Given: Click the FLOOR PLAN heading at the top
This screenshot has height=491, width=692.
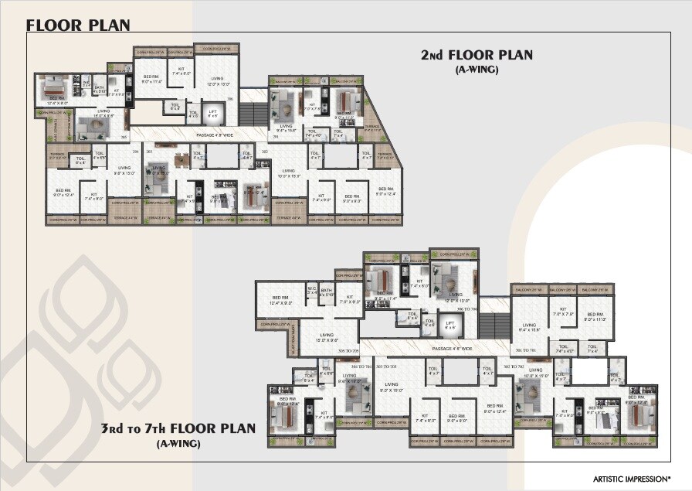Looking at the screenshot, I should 78,25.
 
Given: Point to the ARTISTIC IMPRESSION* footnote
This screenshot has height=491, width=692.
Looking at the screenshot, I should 632,479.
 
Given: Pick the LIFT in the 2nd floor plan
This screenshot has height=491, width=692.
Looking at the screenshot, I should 213,114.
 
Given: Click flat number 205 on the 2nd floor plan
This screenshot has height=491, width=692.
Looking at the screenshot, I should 230,99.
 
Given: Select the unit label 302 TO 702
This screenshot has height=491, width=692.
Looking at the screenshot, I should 514,366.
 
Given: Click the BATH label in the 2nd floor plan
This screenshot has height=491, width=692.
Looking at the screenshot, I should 99,88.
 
